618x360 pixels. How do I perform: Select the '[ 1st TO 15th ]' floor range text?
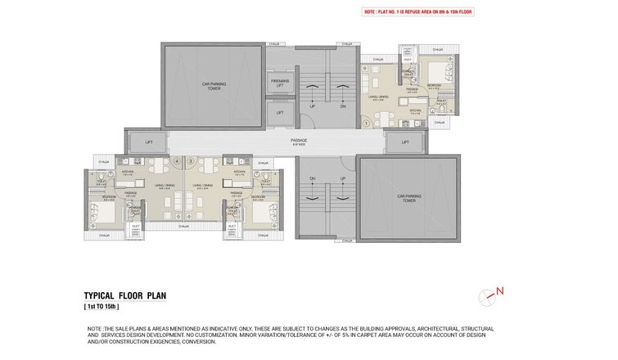pyautogui.click(x=101, y=307)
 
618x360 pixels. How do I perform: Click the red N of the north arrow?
pyautogui.click(x=499, y=290)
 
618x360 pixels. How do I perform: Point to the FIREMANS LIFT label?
pyautogui.click(x=280, y=83)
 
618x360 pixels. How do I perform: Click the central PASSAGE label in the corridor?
pyautogui.click(x=299, y=141)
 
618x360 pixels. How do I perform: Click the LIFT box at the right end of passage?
pyautogui.click(x=405, y=142)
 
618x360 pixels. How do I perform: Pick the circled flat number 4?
pyautogui.click(x=177, y=161)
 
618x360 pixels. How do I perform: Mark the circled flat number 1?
pyautogui.click(x=368, y=124)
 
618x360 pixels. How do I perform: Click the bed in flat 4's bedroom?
pyautogui.click(x=108, y=211)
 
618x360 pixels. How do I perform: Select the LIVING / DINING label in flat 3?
pyautogui.click(x=201, y=187)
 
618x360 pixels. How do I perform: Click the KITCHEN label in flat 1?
pyautogui.click(x=415, y=110)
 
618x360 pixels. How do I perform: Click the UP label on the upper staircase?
pyautogui.click(x=312, y=106)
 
